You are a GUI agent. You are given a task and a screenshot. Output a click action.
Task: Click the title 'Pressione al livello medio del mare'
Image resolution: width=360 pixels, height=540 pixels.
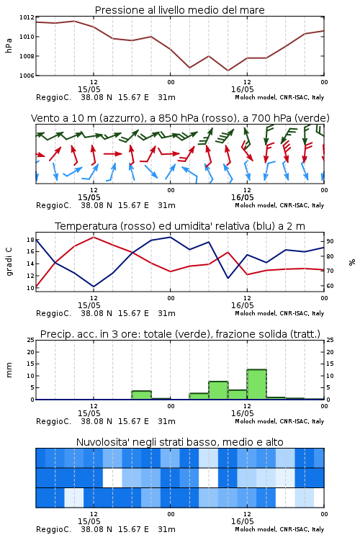click(179, 10)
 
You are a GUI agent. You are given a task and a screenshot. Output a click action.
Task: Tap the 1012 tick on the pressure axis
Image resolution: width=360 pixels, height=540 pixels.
click(27, 17)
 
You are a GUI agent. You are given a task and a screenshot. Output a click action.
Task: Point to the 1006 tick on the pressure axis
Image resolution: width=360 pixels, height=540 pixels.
click(27, 76)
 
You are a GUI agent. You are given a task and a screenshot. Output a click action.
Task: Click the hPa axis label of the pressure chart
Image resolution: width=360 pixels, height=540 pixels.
click(9, 45)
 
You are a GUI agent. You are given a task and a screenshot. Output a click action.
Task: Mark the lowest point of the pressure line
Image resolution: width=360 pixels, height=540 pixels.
click(228, 71)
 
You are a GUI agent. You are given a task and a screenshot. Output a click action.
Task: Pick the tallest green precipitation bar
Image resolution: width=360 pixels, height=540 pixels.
click(256, 384)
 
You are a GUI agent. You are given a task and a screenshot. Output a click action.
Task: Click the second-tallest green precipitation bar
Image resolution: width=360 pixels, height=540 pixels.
click(218, 390)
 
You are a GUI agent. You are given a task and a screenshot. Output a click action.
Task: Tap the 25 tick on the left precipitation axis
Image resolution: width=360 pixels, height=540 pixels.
click(31, 340)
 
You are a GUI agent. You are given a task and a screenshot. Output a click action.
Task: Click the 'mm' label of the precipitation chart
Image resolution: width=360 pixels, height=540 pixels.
click(9, 370)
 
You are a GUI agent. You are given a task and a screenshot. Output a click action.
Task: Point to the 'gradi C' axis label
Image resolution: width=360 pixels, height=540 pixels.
click(9, 262)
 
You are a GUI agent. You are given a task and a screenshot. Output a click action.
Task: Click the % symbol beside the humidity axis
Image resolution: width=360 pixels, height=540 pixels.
click(352, 262)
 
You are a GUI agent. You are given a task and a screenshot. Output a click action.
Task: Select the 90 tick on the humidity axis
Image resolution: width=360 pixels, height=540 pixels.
click(330, 241)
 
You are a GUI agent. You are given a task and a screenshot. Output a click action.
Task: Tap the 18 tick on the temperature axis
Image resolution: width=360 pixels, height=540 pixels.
click(30, 240)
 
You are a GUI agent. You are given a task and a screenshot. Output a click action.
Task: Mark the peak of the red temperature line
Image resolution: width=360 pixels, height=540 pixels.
click(94, 237)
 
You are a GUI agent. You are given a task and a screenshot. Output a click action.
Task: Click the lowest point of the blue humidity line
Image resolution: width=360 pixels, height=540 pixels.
click(94, 287)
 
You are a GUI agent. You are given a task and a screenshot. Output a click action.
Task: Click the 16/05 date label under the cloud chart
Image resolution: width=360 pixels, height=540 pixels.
click(242, 521)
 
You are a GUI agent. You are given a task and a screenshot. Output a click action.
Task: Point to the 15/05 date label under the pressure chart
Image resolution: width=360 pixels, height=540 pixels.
click(89, 89)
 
